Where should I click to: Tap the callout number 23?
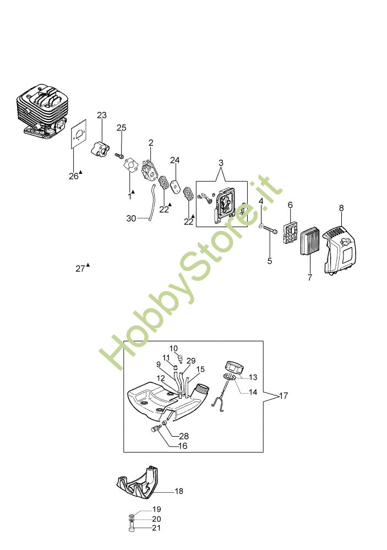pos(101,115)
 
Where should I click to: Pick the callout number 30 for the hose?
pos(131,218)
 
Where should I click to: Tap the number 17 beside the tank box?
pos(284,395)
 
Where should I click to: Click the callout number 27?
pos(80,269)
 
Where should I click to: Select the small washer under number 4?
pos(261,224)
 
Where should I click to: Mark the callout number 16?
pos(183,446)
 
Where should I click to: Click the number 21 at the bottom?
pos(157,527)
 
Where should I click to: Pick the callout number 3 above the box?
pos(221,163)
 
